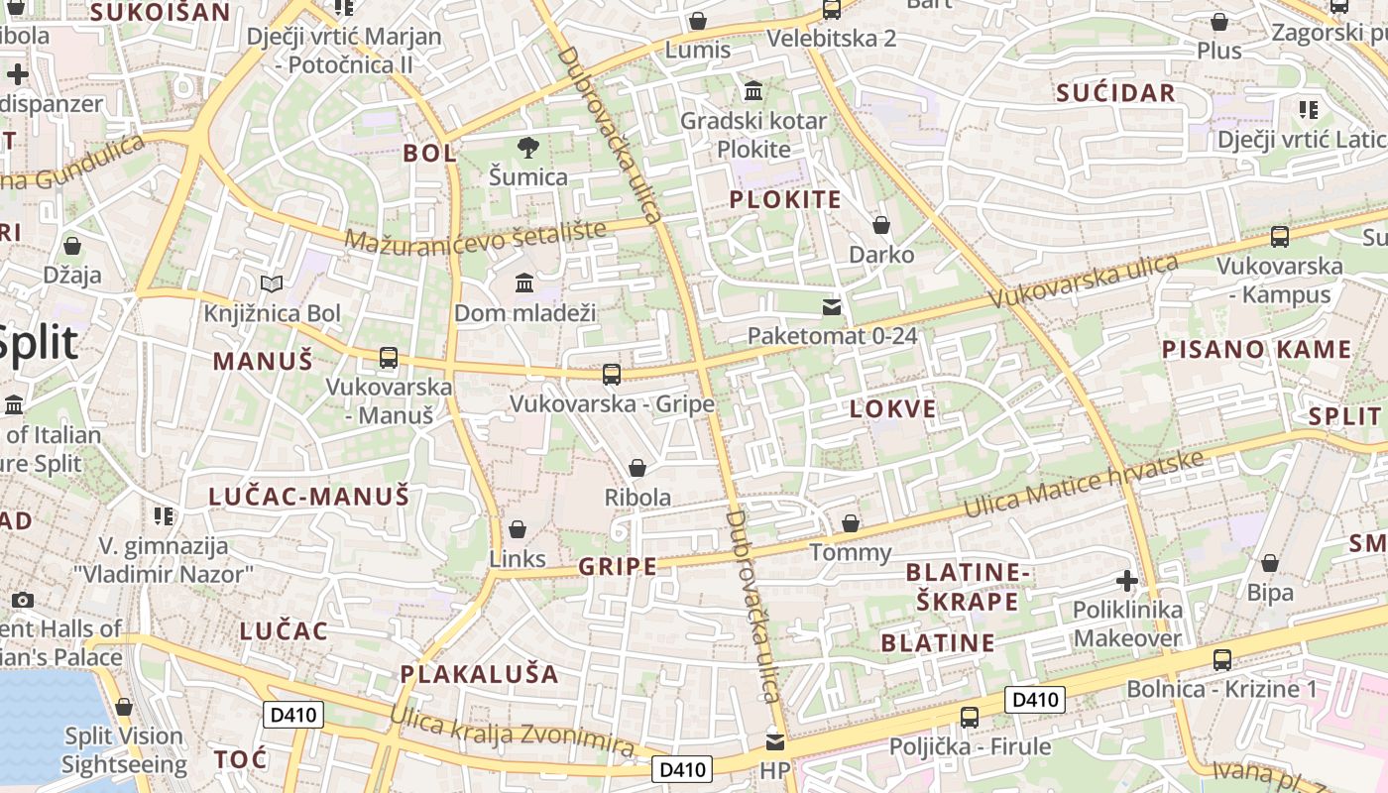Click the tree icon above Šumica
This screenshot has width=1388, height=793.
point(528,148)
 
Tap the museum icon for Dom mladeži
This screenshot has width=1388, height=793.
point(524,283)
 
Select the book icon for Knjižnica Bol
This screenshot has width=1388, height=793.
point(272,284)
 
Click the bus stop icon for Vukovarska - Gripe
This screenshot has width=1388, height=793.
point(612,375)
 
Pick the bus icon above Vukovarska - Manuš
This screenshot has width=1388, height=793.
point(389,358)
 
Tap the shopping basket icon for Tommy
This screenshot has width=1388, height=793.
point(851,523)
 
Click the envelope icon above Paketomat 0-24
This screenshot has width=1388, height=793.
point(832,307)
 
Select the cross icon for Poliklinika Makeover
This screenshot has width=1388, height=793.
point(1126,580)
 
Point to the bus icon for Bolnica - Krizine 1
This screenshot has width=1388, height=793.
point(1222,659)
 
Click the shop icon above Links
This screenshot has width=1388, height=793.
point(517,529)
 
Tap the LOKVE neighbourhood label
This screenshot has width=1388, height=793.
point(892,409)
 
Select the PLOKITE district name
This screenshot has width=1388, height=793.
point(785,199)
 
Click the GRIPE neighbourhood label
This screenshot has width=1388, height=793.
point(617,567)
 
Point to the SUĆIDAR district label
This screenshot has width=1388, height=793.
point(1115,93)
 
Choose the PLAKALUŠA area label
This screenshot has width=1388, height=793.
point(479,674)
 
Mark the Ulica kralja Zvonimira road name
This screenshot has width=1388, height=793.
point(512,732)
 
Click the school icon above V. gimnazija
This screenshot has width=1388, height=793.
point(164,515)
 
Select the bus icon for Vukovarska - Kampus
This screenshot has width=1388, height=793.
point(1280,237)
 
